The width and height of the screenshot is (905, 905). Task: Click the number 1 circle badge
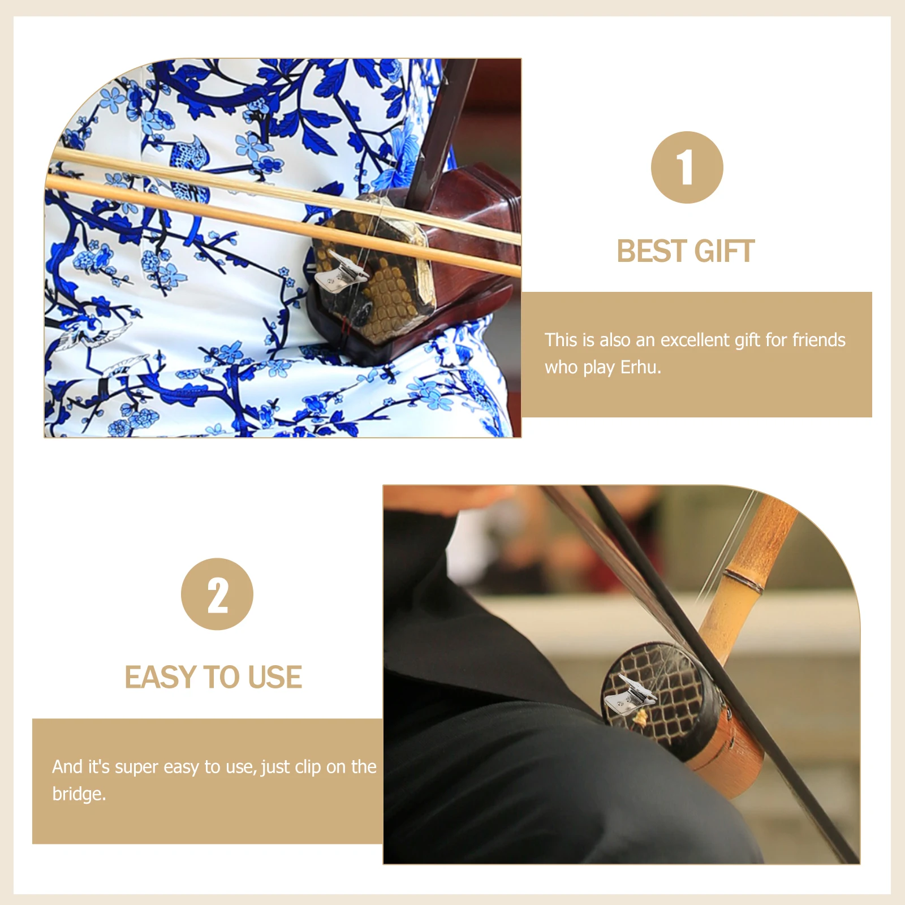tap(687, 167)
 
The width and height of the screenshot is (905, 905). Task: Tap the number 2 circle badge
tap(217, 594)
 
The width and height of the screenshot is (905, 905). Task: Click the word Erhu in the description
tap(640, 367)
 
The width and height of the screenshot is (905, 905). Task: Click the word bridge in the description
tap(79, 794)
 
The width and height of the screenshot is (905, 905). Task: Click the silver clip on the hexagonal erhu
tap(340, 271)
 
